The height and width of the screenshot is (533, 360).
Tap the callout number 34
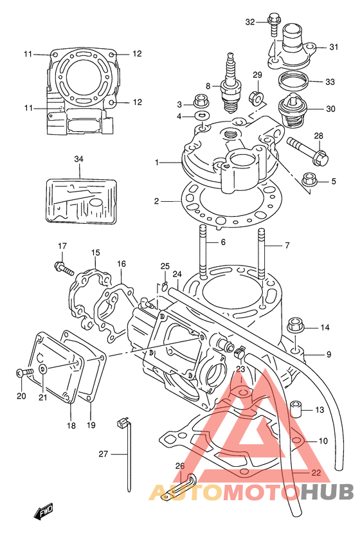click(x=78, y=159)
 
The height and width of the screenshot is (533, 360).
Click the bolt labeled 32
click(x=274, y=23)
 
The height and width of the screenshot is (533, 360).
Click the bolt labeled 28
click(x=309, y=151)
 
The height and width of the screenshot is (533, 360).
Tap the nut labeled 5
click(x=309, y=179)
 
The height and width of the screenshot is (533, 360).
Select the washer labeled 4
click(x=203, y=116)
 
